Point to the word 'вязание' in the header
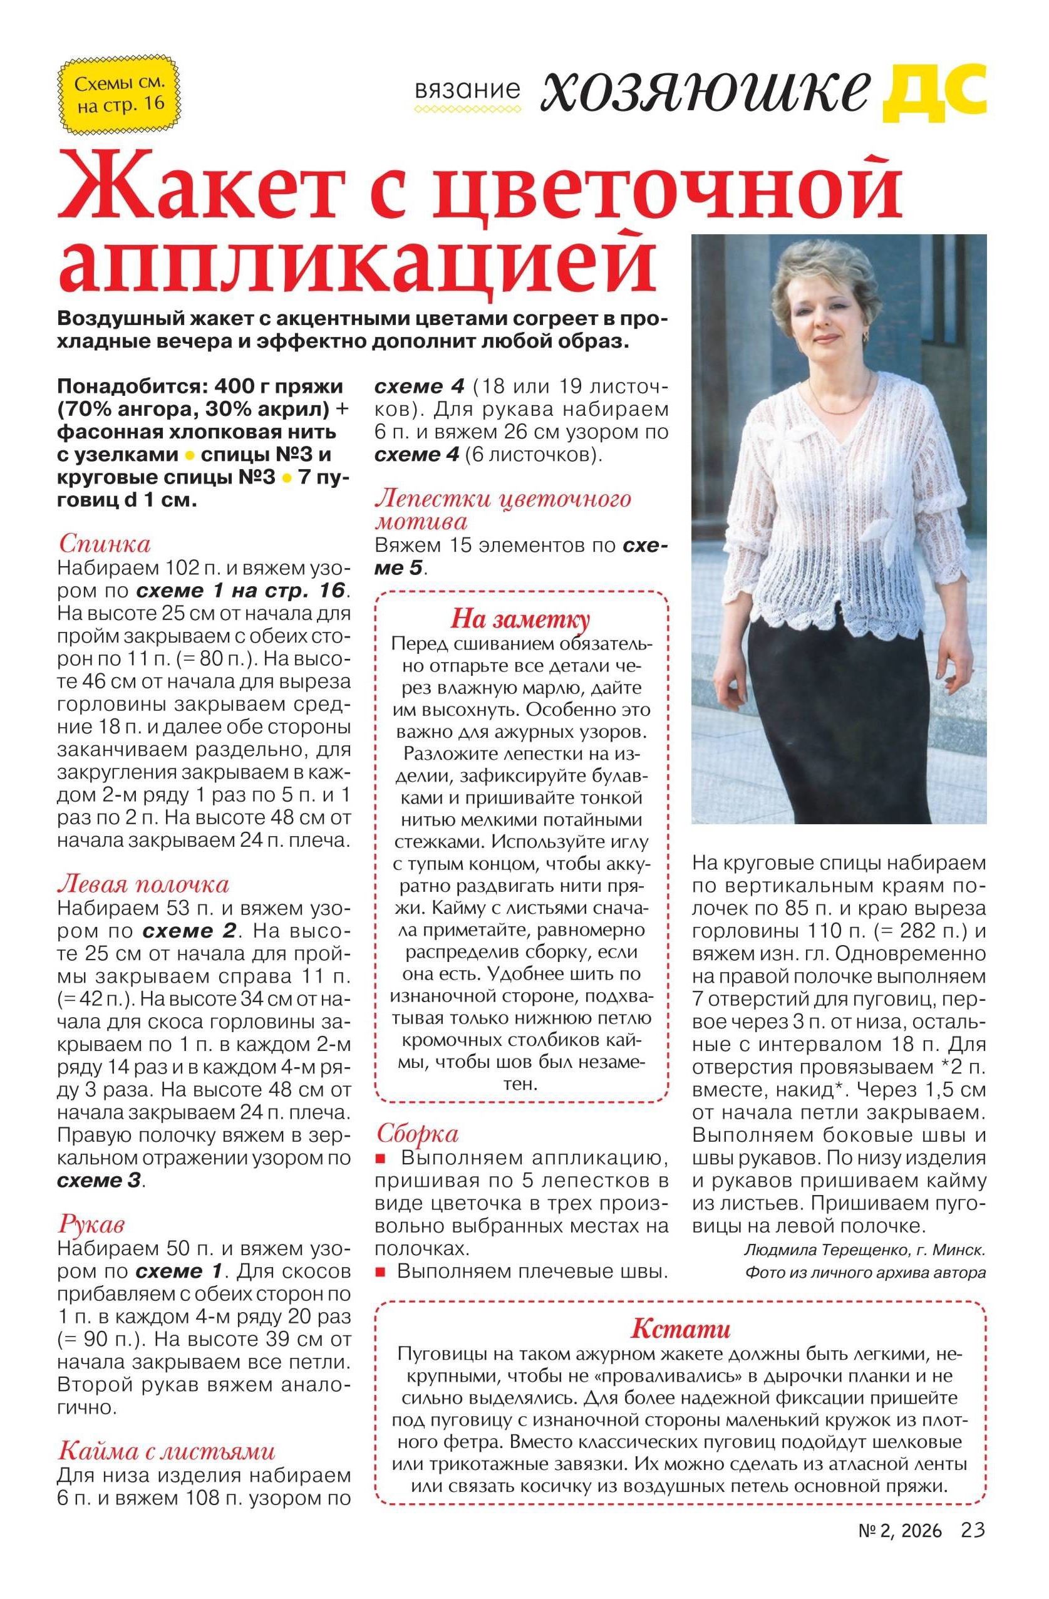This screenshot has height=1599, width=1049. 467,90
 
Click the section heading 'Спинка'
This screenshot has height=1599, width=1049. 104,543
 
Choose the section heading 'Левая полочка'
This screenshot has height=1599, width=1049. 143,884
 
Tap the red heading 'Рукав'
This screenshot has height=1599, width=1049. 91,1225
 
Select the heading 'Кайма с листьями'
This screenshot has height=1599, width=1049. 167,1451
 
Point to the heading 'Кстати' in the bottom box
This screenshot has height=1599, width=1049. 680,1329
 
